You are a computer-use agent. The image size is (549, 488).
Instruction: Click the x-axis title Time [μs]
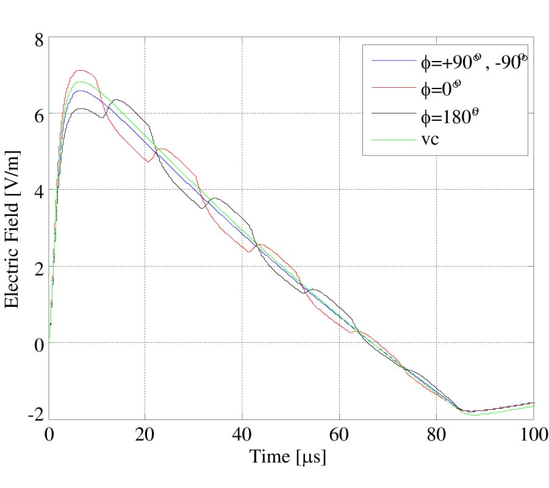point(287,457)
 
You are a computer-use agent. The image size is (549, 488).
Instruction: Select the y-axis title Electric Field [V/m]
point(13,229)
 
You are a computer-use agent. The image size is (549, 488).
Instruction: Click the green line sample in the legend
point(393,140)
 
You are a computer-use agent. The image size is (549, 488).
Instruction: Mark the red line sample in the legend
point(393,88)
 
